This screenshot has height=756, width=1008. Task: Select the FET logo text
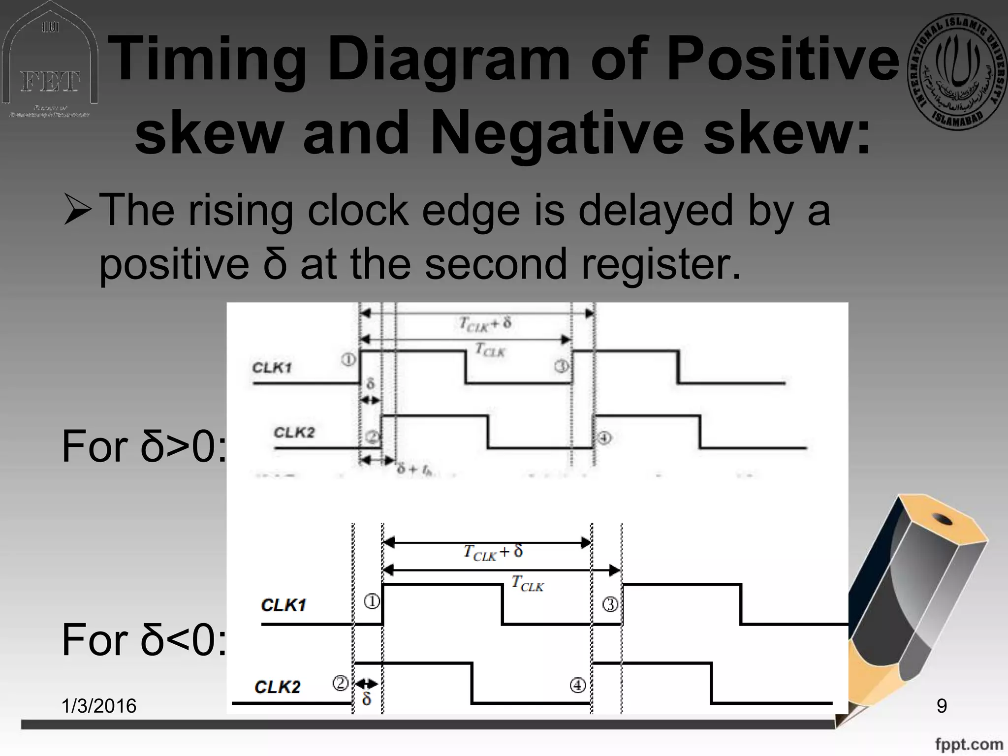(x=49, y=82)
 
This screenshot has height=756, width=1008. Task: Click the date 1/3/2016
(x=99, y=706)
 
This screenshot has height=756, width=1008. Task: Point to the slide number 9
(x=942, y=706)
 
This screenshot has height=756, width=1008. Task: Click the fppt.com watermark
(x=969, y=744)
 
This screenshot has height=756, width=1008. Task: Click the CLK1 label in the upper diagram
(x=272, y=368)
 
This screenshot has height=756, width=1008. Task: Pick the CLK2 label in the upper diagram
(x=294, y=432)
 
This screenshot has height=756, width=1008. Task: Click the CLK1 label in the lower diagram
(x=283, y=605)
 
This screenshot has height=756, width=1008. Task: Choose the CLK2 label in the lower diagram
(x=277, y=687)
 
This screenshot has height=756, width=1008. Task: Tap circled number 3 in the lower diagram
(x=610, y=604)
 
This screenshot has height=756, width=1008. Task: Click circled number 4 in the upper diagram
(x=604, y=438)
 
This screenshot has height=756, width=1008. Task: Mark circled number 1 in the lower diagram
(x=372, y=601)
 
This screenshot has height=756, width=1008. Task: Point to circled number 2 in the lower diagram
(x=341, y=683)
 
